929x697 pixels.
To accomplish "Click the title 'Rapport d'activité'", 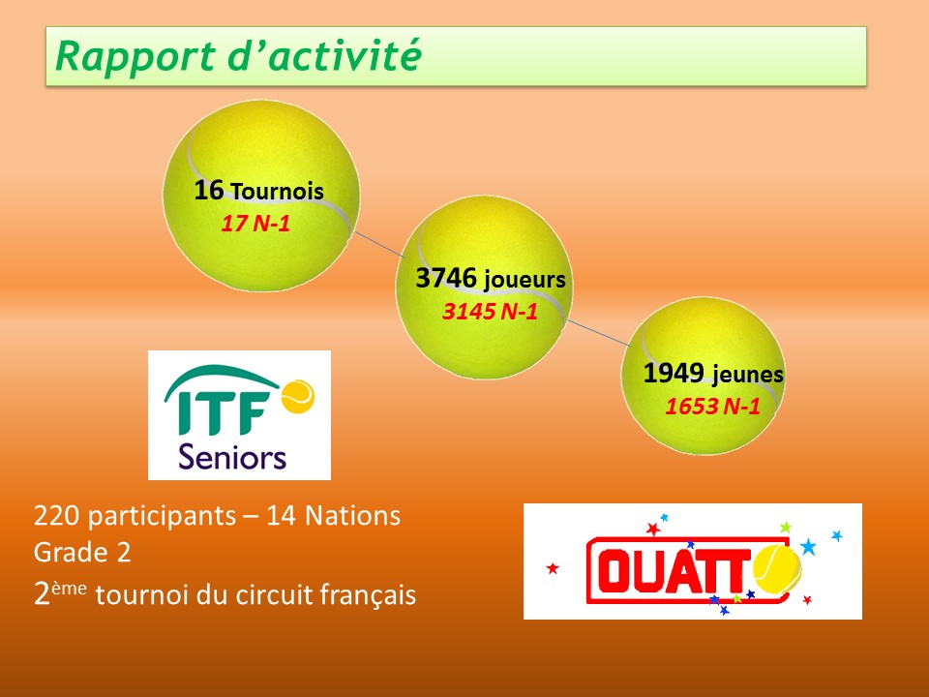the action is (238, 57).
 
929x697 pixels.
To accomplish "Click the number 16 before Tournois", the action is (209, 191).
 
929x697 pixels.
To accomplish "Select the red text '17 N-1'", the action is (255, 224).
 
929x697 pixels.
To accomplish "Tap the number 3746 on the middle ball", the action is (446, 278).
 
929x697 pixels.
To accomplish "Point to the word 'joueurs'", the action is (524, 280).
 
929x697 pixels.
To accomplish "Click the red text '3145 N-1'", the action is (490, 311).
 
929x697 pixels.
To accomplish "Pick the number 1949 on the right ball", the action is (674, 374).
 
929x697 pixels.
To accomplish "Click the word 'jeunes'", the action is (748, 375).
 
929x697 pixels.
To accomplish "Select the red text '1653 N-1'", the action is (712, 407).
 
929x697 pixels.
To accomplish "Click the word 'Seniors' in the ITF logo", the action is (232, 457).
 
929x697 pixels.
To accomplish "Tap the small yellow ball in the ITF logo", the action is (297, 396).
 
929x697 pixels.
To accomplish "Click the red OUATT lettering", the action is (671, 570).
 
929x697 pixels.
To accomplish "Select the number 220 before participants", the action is (56, 516).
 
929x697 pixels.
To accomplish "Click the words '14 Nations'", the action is (333, 516).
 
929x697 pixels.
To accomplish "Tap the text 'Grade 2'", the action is (82, 553).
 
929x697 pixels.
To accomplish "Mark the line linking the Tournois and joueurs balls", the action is (379, 245).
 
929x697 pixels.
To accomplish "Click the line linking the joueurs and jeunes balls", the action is (597, 332).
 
